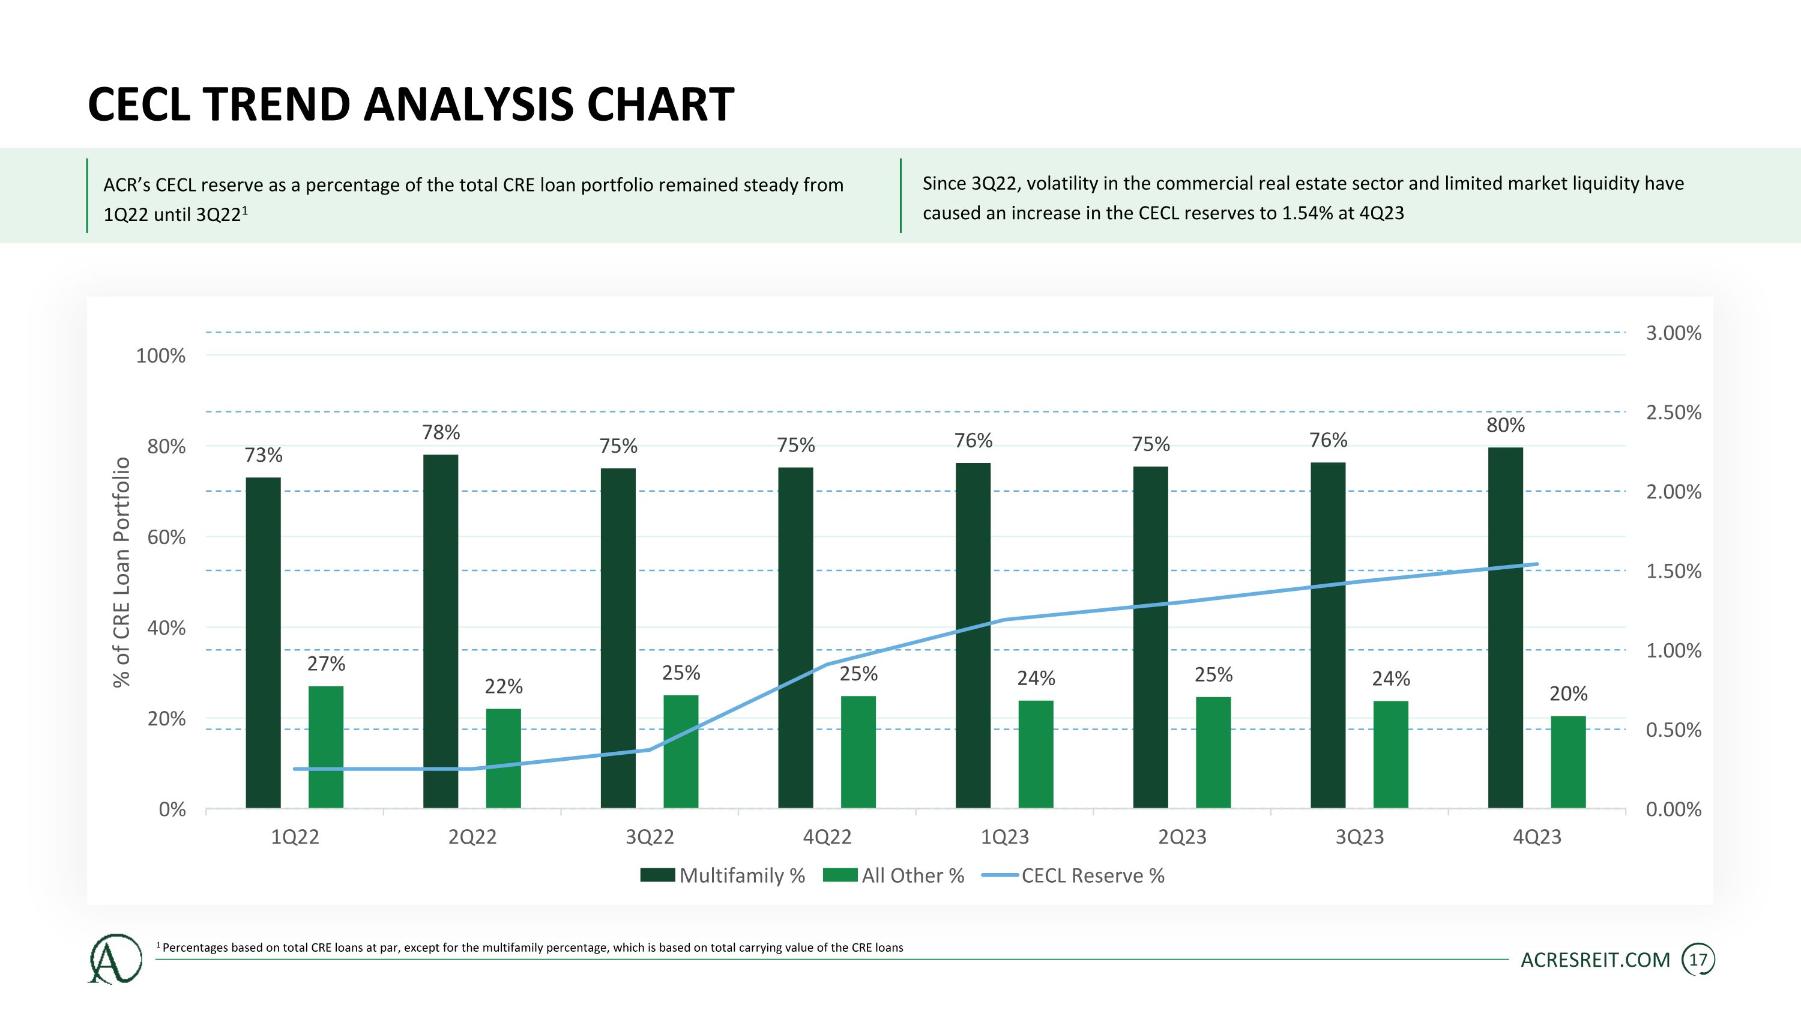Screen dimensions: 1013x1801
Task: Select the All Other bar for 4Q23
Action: (x=1568, y=761)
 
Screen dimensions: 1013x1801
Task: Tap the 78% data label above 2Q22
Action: (x=441, y=433)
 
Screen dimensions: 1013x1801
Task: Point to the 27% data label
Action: (x=326, y=664)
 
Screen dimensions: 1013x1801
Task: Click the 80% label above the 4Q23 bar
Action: (x=1505, y=425)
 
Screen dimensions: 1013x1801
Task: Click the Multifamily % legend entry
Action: (x=723, y=875)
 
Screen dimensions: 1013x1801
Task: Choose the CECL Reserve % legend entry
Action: (x=1074, y=875)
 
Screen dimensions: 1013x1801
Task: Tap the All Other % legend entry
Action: (x=894, y=875)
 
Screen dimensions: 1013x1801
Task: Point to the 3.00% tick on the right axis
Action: (x=1673, y=333)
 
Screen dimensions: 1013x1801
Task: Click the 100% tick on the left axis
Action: (x=161, y=356)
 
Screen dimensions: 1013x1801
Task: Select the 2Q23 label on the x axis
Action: (x=1182, y=837)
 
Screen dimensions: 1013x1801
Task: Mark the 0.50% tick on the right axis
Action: (x=1673, y=730)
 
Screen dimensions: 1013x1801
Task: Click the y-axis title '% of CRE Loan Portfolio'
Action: (x=122, y=572)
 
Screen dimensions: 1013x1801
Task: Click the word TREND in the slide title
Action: (x=277, y=105)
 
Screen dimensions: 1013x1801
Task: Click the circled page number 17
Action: (x=1698, y=960)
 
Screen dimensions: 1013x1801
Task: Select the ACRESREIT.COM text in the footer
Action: (x=1596, y=960)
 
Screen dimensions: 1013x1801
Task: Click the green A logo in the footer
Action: (x=115, y=959)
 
